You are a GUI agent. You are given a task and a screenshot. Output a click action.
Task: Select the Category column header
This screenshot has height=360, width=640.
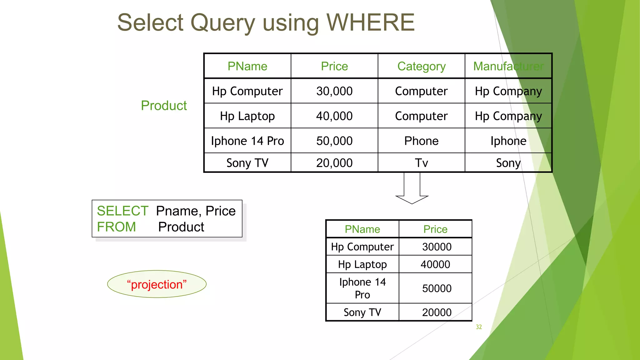tap(421, 66)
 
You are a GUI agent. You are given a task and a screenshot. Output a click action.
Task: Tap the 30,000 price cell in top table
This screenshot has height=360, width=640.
tap(334, 91)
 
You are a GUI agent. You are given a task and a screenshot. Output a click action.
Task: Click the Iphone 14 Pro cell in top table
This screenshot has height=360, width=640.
tap(247, 141)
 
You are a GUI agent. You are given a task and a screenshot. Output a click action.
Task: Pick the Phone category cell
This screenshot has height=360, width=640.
tap(421, 141)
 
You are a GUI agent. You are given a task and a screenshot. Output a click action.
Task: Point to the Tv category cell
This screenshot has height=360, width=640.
tap(421, 163)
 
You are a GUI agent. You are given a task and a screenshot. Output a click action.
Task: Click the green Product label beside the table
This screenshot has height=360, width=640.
tap(164, 106)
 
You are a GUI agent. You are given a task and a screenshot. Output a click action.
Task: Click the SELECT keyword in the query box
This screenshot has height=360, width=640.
tap(122, 211)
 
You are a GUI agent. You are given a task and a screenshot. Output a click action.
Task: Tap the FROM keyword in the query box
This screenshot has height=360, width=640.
tap(116, 227)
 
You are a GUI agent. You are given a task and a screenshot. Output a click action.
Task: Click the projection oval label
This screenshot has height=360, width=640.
tap(157, 284)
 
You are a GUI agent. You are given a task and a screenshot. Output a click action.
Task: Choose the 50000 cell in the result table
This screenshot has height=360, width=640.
tap(437, 288)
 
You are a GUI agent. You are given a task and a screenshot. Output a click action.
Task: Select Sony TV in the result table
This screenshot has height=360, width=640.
tap(362, 312)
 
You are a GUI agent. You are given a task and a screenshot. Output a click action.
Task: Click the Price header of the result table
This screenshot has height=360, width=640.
tap(435, 229)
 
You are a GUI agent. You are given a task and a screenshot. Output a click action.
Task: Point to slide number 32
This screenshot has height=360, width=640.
tap(479, 327)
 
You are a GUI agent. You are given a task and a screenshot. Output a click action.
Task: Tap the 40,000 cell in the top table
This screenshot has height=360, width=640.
tap(334, 116)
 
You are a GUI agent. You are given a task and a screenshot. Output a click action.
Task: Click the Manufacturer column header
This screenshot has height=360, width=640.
tap(508, 66)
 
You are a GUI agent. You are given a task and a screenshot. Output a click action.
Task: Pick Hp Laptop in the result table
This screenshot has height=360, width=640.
tap(362, 265)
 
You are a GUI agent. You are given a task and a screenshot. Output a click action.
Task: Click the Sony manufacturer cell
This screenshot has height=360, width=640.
tap(508, 163)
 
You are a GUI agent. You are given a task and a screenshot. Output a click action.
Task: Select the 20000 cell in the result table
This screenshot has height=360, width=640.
tap(437, 312)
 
